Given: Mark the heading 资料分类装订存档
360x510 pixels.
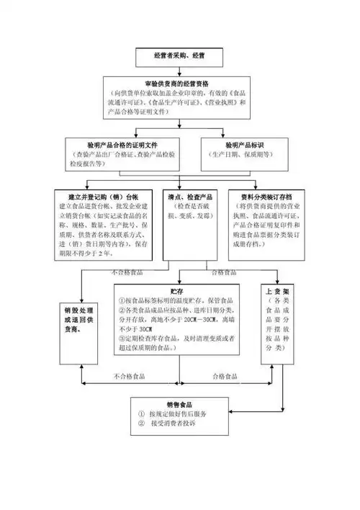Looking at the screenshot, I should tap(265, 196).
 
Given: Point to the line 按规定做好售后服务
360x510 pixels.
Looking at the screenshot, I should tap(179, 415).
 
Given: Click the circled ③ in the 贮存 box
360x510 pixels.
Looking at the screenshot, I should tap(122, 338).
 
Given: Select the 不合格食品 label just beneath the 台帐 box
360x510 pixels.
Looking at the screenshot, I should tap(127, 273).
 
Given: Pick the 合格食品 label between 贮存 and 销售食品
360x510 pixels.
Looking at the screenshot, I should tap(225, 376).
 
